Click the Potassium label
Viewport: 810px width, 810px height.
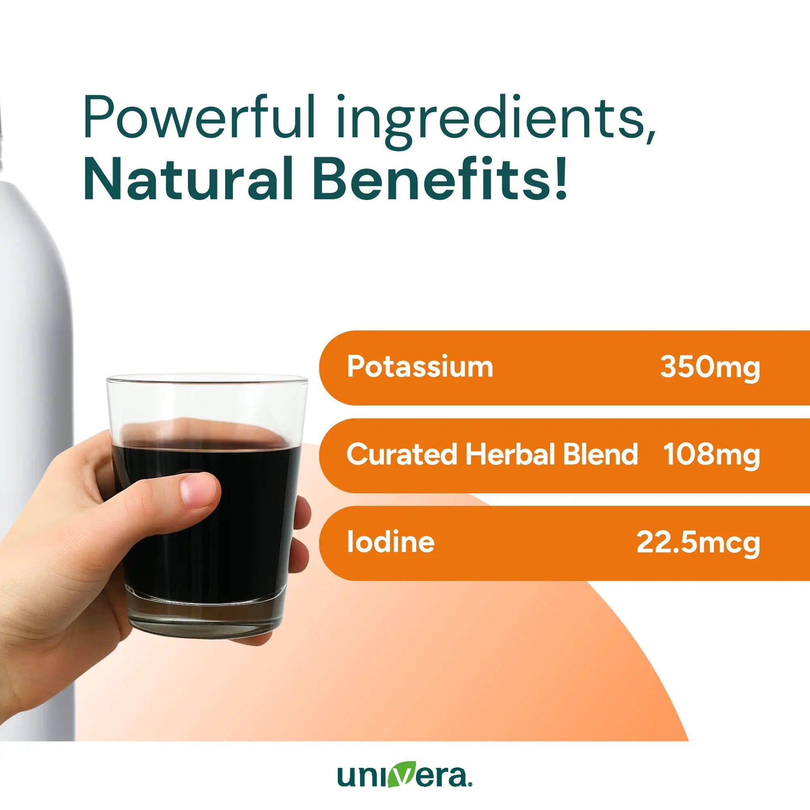click(x=420, y=367)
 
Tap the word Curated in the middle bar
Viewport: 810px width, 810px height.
click(x=401, y=454)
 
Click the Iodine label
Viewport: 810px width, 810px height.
click(x=391, y=542)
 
